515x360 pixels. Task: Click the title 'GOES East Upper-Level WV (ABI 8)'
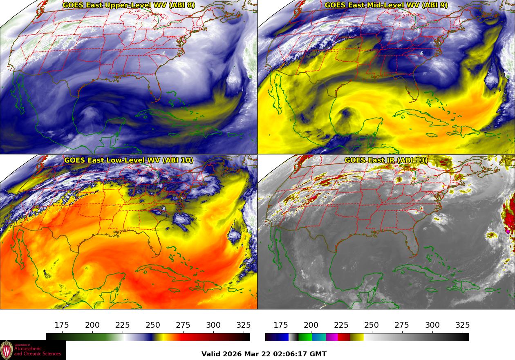tap(129, 5)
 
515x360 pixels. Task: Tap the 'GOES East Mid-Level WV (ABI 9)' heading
tap(386, 5)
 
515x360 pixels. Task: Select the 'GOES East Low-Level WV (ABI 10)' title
tap(129, 160)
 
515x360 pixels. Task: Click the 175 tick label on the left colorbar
tap(62, 325)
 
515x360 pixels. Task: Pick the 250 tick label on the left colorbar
tap(153, 325)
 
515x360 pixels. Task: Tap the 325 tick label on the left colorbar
tap(244, 325)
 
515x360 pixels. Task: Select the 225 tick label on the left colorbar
tap(123, 325)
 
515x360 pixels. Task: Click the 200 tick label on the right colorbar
tap(311, 325)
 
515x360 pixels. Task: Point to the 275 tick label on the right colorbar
tap(402, 325)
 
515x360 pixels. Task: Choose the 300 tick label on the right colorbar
tap(432, 325)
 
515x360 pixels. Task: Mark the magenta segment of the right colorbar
tap(332, 337)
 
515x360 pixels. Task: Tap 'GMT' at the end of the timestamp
tap(318, 354)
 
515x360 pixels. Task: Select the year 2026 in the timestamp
tap(232, 354)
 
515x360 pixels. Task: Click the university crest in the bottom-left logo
tap(7, 350)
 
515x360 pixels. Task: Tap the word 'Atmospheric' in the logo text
tap(30, 349)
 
